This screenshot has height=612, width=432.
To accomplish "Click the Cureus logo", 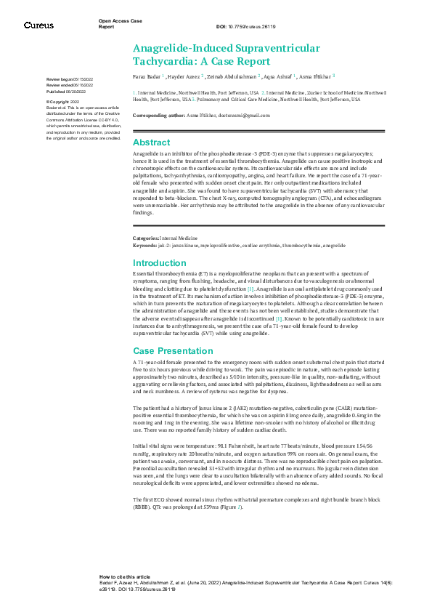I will click(x=38, y=25).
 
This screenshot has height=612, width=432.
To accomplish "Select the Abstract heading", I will click(x=151, y=142).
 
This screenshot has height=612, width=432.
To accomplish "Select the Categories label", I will click(x=145, y=238).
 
